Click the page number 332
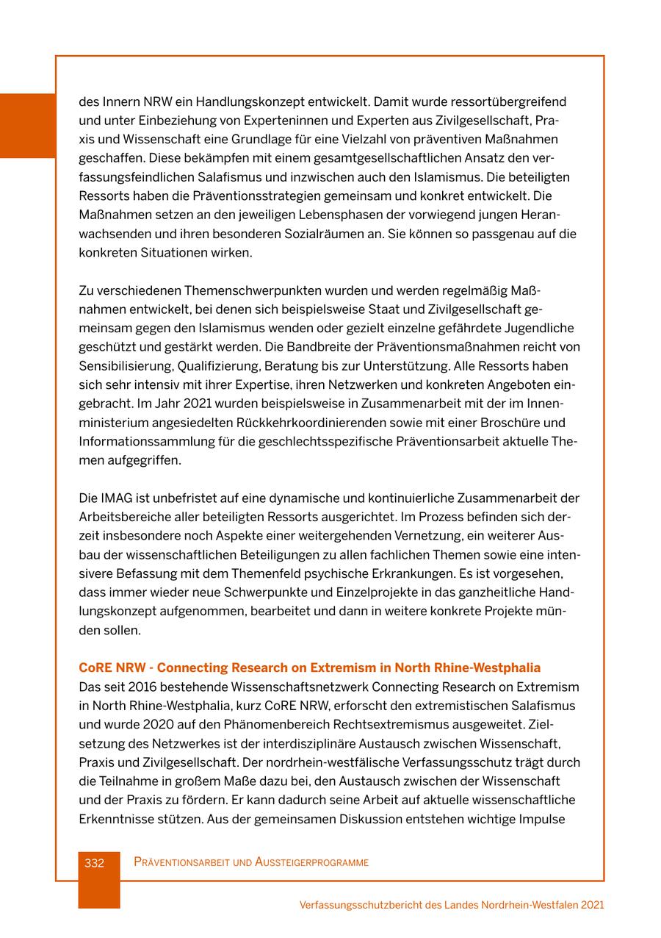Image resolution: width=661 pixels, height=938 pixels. pyautogui.click(x=94, y=862)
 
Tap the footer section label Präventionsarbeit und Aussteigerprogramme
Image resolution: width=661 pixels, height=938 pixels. pyautogui.click(x=251, y=862)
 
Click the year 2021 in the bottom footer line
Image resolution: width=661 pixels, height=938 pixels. pyautogui.click(x=592, y=905)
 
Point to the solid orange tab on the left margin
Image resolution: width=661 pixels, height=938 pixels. pyautogui.click(x=27, y=126)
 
